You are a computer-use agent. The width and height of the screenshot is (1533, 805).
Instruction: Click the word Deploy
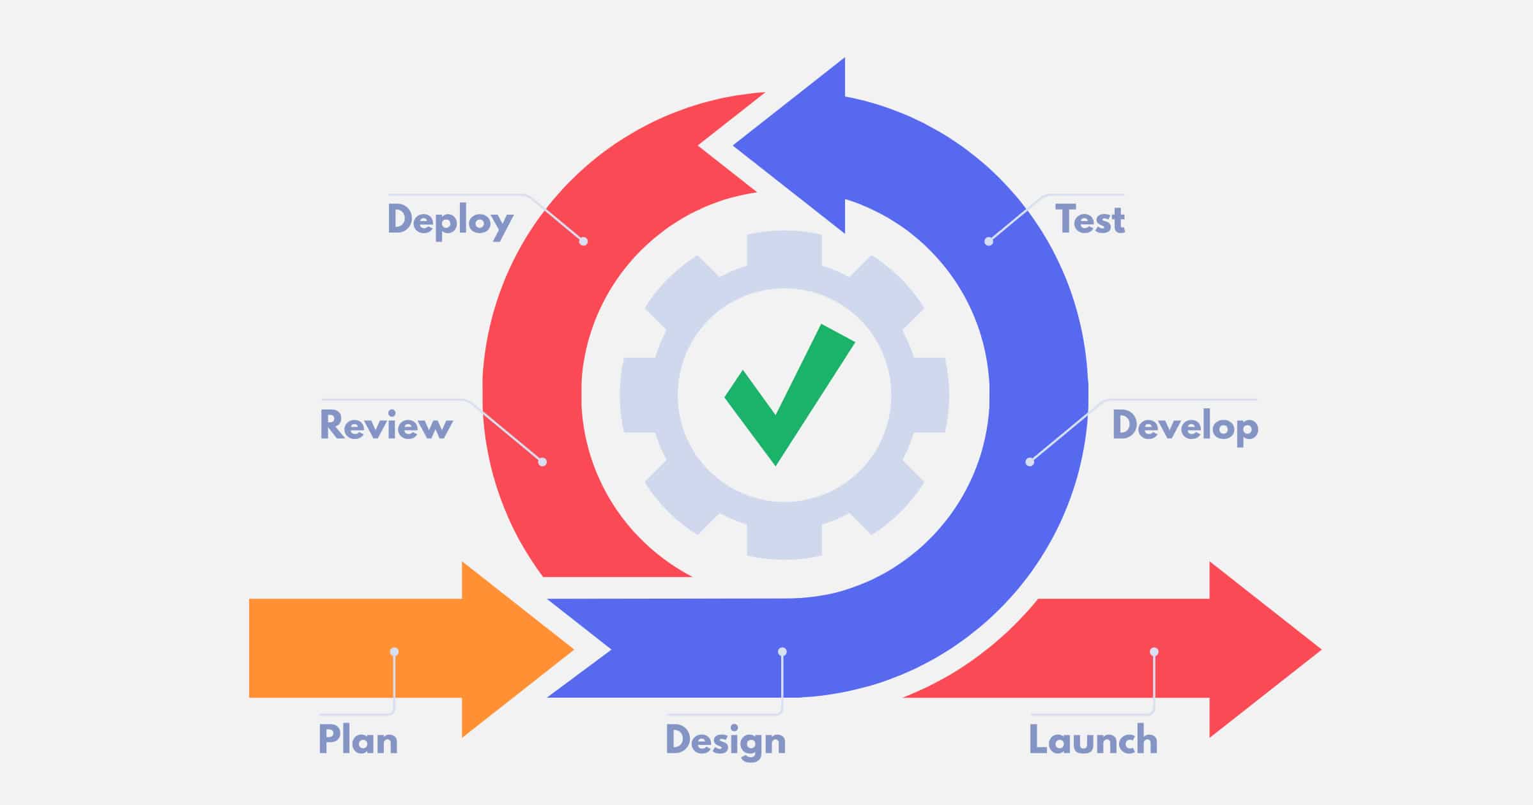[x=450, y=220]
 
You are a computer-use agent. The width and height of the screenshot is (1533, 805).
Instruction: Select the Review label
[x=386, y=425]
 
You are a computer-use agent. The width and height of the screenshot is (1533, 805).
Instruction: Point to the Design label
[x=726, y=741]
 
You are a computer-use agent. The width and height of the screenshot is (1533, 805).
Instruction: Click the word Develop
[x=1185, y=425]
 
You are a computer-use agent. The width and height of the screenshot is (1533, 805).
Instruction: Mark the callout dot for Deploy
[x=583, y=241]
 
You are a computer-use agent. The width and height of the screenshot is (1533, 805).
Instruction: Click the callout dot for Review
[x=542, y=462]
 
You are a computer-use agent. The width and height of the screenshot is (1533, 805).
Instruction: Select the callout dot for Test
[x=989, y=241]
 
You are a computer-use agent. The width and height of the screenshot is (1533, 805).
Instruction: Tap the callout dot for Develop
[x=1030, y=462]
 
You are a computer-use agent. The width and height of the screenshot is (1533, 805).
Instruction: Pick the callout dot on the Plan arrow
[x=394, y=652]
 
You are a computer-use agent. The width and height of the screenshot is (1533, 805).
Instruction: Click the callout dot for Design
[x=782, y=652]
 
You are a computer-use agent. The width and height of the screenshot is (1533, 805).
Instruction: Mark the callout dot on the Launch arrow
[x=1154, y=652]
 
